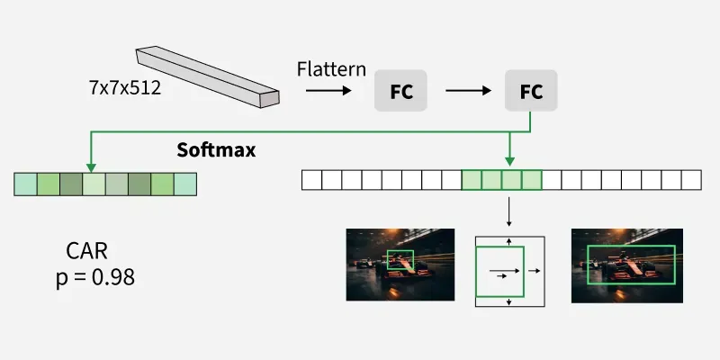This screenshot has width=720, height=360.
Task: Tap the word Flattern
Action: pyautogui.click(x=331, y=69)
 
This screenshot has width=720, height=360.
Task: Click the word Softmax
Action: pyautogui.click(x=216, y=150)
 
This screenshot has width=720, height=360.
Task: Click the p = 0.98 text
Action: pyautogui.click(x=95, y=277)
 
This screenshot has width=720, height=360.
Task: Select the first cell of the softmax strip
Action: pyautogui.click(x=25, y=184)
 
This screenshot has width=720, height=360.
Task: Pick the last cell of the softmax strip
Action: pyautogui.click(x=184, y=184)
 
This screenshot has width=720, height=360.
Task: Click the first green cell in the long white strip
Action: pyautogui.click(x=471, y=179)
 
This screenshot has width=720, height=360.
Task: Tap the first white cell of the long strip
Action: pyautogui.click(x=310, y=179)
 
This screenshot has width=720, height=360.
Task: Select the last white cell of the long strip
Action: pyautogui.click(x=690, y=179)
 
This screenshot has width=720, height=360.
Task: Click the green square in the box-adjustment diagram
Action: pyautogui.click(x=499, y=270)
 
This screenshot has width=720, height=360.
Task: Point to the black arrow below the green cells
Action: pyautogui.click(x=509, y=212)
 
